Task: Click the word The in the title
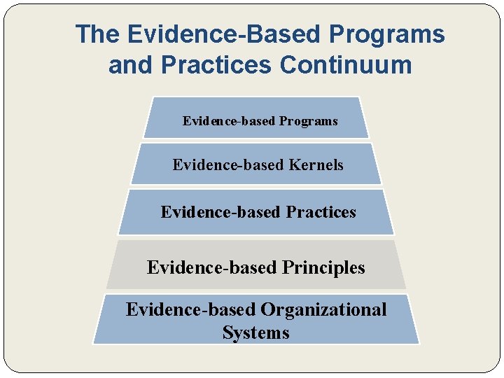(x=97, y=34)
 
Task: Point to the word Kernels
(x=316, y=165)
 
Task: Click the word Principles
(x=323, y=267)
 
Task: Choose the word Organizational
(x=323, y=309)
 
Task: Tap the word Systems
(x=255, y=332)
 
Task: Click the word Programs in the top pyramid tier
(x=309, y=121)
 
